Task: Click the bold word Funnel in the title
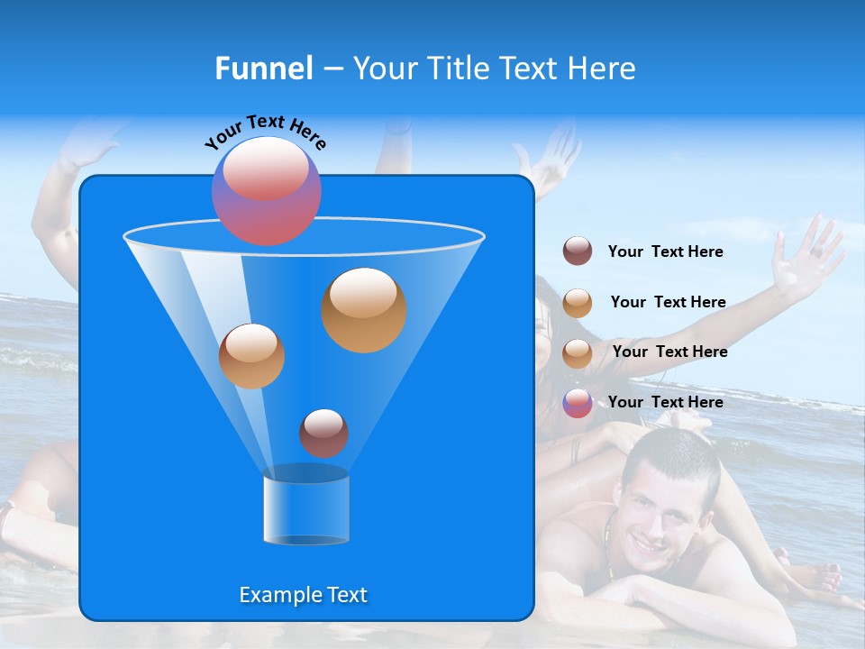pos(263,69)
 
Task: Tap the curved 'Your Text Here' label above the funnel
pos(265,132)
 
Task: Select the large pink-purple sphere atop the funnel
pos(266,190)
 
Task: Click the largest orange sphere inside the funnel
pos(363,310)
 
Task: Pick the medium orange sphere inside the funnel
pos(251,356)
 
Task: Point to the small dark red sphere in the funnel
pos(323,433)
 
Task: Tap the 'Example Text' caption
pos(303,595)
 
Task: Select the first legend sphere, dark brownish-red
pos(578,251)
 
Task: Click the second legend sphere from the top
pos(578,303)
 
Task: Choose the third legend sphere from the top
pos(578,353)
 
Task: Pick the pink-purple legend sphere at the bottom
pos(578,403)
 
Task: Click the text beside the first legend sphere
pos(665,251)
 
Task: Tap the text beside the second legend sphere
pos(668,302)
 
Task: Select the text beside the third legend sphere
pos(669,352)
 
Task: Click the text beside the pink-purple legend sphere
pos(665,402)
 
